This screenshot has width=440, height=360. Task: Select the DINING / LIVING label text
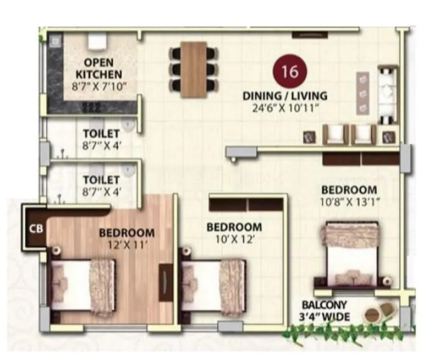coord(285,96)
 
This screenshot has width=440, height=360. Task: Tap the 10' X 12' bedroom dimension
coord(233,239)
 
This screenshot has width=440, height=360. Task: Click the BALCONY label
coord(324,304)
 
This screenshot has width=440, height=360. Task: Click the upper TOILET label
coord(101,134)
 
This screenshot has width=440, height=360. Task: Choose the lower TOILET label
coord(101,180)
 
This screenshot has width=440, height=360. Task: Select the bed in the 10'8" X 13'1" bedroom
coord(352,253)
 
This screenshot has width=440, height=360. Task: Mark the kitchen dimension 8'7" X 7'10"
coord(99,85)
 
